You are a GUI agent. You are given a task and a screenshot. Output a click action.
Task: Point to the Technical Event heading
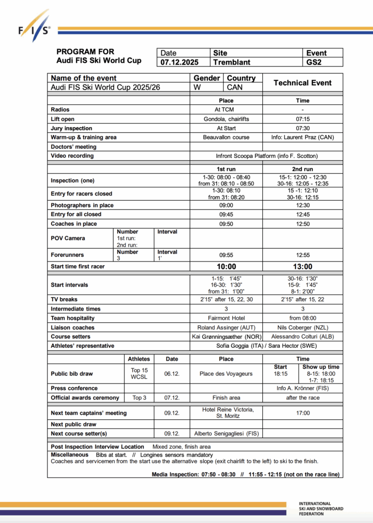303,83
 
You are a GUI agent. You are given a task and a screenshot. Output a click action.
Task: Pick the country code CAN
235,87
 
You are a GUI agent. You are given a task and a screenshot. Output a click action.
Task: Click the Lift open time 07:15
303,119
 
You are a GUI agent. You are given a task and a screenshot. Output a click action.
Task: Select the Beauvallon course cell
226,137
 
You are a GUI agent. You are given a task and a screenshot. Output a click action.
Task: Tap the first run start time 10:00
226,267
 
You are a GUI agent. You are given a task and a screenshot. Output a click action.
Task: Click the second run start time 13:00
303,267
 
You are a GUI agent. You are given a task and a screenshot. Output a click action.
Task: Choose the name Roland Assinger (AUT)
226,327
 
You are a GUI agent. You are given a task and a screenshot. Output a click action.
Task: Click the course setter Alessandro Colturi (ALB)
303,337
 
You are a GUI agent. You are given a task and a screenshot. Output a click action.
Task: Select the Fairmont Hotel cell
226,318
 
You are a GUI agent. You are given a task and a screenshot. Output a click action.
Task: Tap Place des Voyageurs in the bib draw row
226,373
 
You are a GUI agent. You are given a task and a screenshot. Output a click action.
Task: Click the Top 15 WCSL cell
139,373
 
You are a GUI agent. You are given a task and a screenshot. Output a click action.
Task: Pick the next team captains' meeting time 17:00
303,413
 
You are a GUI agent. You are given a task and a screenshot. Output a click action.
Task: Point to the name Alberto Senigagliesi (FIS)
226,434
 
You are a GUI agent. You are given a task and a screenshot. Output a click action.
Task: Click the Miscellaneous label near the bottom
69,455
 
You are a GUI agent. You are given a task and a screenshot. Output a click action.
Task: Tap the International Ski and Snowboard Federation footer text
321,508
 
